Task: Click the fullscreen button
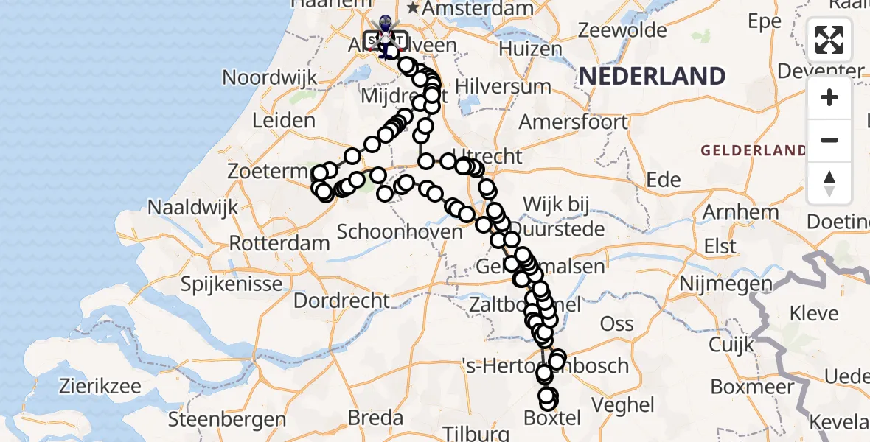tap(829, 40)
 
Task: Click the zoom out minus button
tap(829, 140)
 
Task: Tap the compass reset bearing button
tap(829, 183)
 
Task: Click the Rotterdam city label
tap(279, 243)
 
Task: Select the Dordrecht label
tap(341, 301)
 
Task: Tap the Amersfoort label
tap(573, 122)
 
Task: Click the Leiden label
tap(284, 121)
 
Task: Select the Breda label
tap(375, 418)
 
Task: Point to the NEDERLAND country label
tap(652, 76)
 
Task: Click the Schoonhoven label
tap(400, 231)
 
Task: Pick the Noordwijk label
tap(270, 77)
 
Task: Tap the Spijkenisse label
tap(232, 284)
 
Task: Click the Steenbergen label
tap(227, 420)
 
